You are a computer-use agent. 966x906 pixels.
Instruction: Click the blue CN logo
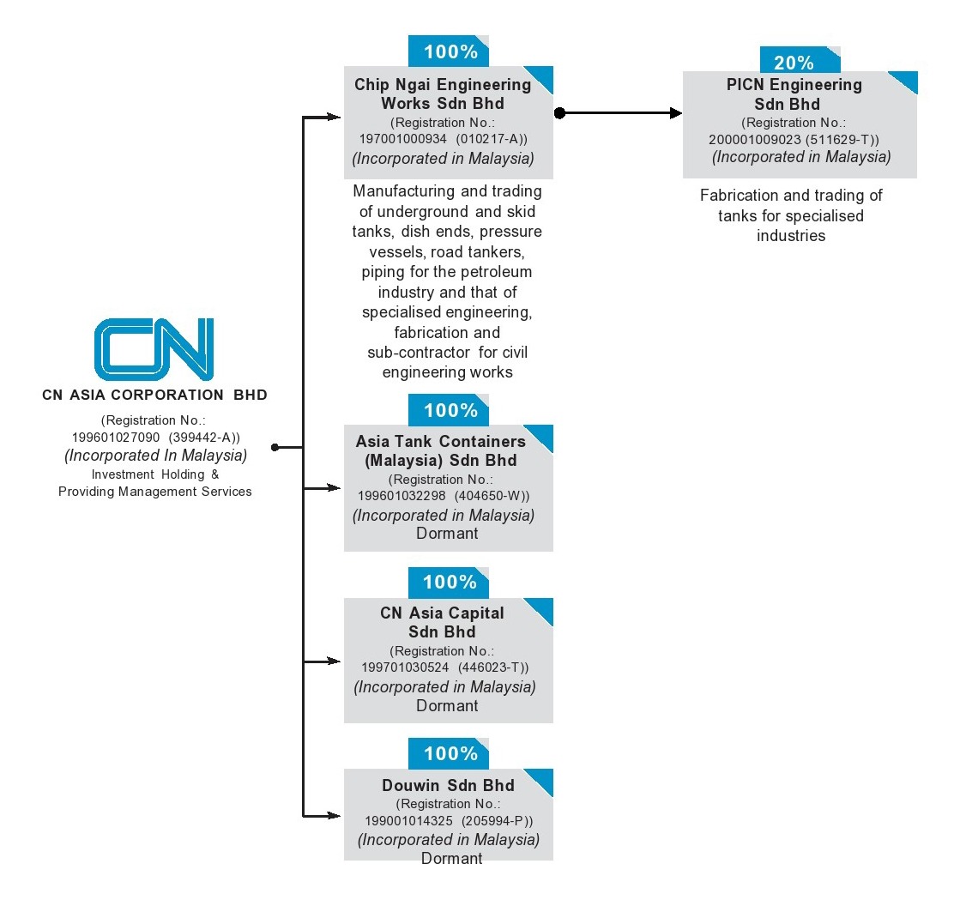[x=154, y=349]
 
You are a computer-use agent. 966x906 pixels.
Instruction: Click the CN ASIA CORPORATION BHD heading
[x=154, y=395]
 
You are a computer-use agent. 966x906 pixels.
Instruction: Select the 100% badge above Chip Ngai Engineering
[x=449, y=51]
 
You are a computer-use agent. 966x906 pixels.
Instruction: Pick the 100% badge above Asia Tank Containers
[x=449, y=410]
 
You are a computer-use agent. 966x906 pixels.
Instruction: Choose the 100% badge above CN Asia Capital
[x=449, y=582]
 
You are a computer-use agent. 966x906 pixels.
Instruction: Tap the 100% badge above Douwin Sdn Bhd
[x=449, y=753]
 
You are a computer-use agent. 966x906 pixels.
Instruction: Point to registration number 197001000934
[x=403, y=139]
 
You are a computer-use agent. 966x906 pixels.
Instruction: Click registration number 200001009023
[x=755, y=140]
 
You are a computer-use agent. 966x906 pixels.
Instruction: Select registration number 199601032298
[x=401, y=496]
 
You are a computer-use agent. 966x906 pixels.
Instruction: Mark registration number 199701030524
[x=405, y=667]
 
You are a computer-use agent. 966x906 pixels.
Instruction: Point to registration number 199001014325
[x=408, y=821]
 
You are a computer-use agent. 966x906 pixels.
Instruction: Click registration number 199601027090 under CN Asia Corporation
[x=116, y=438]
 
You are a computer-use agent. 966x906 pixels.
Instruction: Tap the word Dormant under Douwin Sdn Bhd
[x=451, y=858]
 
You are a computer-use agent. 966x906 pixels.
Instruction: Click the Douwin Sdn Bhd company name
[x=448, y=785]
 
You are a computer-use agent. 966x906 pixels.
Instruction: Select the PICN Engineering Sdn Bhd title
[x=794, y=94]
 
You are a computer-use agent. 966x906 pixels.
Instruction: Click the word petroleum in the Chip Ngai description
[x=482, y=272]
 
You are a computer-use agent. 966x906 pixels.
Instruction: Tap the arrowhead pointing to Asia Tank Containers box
[x=333, y=488]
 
